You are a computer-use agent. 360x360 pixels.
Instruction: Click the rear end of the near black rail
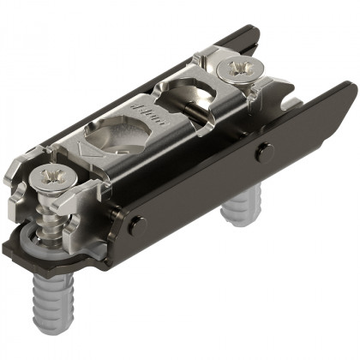(x=347, y=93)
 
